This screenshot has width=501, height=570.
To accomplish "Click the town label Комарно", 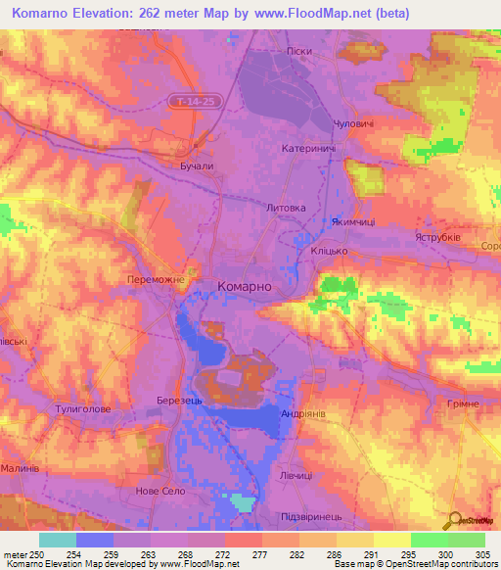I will coord(244,286).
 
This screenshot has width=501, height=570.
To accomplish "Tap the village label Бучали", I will coord(197,167).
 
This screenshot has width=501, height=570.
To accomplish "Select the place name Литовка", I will coord(286,208).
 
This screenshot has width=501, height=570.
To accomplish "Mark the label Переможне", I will coord(156,278).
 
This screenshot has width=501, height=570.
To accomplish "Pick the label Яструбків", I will coord(437,236).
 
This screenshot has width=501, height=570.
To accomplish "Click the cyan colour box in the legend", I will coord(57,539).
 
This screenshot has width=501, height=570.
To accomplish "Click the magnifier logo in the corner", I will coord(453,520).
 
